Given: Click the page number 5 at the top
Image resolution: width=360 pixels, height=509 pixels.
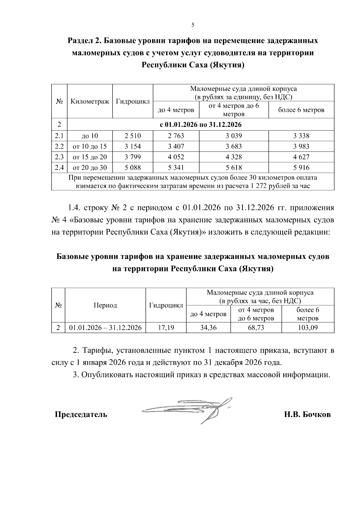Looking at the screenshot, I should point(193,25).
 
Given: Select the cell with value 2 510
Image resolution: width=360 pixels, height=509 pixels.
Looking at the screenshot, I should point(133,136).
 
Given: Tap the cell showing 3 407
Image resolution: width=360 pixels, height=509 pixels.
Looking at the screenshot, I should point(176,146).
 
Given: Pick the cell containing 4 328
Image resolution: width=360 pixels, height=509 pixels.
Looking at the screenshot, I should point(234,157).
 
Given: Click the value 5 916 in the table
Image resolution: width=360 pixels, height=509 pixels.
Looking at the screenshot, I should point(301,167).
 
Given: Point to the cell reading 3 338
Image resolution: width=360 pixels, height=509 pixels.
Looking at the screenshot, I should point(301,136).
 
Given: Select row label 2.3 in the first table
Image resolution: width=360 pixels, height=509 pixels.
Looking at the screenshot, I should point(59,157).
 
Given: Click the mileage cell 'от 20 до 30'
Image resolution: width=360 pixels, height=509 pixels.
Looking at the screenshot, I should point(90,167).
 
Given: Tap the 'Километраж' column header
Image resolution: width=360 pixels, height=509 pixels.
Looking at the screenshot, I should point(90,101).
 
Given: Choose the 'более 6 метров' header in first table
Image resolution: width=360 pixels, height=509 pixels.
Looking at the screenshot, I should point(301,110).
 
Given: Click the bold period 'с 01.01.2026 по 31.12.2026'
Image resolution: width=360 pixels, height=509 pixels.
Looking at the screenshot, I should point(201,124).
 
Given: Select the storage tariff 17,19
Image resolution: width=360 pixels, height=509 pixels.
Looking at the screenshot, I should point(166,328).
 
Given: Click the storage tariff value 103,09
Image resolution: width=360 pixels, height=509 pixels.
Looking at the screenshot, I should point(307,328).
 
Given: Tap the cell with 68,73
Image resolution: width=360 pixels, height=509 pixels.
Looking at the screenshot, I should point(256,328).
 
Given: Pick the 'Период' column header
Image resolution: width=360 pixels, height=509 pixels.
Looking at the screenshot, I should point(105,305).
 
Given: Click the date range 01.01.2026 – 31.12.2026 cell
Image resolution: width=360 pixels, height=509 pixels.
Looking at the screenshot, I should point(105,328).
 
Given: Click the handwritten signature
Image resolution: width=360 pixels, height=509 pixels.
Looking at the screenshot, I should point(192,409).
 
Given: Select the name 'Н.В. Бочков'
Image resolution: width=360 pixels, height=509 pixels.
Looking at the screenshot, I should point(307,415).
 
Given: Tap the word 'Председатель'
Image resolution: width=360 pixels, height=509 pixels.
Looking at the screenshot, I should point(81,415).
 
